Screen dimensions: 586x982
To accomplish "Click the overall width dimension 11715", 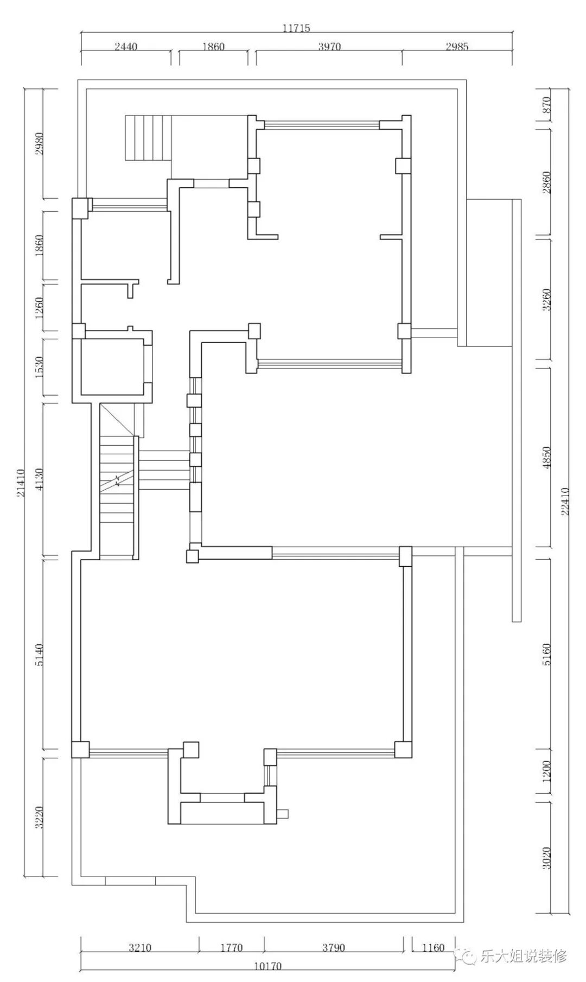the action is pyautogui.click(x=296, y=28).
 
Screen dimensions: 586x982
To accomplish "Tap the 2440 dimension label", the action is pyautogui.click(x=126, y=47).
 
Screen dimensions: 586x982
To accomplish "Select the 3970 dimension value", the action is pyautogui.click(x=329, y=47).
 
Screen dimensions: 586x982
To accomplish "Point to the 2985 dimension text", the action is pyautogui.click(x=457, y=47).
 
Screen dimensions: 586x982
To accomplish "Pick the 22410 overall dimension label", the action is pyautogui.click(x=565, y=501).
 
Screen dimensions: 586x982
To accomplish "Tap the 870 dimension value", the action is pyautogui.click(x=546, y=104).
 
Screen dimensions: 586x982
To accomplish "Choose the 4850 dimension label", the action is pyautogui.click(x=546, y=458).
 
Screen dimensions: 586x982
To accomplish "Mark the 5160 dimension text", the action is pyautogui.click(x=546, y=654).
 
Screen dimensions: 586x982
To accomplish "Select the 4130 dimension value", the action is pyautogui.click(x=39, y=479).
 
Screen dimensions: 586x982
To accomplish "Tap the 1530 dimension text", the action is pyautogui.click(x=39, y=368).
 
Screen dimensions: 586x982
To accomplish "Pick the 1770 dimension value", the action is pyautogui.click(x=231, y=948).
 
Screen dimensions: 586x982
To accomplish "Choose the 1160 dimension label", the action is pyautogui.click(x=432, y=948).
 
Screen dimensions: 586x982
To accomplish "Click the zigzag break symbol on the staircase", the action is pyautogui.click(x=117, y=480).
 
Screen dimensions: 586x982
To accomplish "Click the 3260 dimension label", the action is pyautogui.click(x=546, y=299).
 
